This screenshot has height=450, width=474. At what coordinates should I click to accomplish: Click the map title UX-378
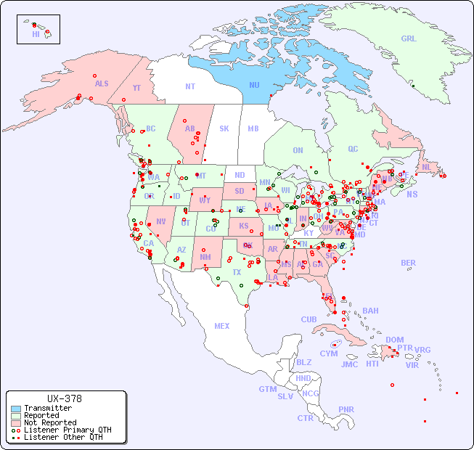(64, 398)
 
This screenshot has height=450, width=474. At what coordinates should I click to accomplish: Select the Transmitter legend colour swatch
(16, 409)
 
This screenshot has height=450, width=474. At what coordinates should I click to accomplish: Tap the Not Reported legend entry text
(49, 422)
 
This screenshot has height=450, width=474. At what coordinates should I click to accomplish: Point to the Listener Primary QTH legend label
(67, 430)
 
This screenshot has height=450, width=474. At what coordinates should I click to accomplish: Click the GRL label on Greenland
(409, 38)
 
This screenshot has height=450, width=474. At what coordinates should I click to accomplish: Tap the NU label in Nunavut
(254, 85)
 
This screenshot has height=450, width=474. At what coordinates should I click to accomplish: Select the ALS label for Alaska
(102, 83)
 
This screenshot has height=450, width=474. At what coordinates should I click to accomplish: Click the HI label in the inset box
(36, 34)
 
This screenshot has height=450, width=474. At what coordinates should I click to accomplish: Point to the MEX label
(222, 326)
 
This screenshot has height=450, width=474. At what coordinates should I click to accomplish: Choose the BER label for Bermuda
(409, 263)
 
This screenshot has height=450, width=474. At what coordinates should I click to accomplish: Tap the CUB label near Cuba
(309, 319)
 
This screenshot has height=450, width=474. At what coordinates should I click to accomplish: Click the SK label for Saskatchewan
(224, 128)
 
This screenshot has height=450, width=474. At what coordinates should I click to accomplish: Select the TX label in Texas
(237, 272)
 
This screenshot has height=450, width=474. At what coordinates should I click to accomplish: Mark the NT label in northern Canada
(190, 86)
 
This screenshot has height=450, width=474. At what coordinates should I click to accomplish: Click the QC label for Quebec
(353, 149)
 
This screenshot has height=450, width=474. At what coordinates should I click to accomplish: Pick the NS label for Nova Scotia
(412, 194)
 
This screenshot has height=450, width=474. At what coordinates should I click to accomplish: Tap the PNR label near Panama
(346, 409)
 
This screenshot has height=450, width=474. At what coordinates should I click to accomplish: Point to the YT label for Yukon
(136, 88)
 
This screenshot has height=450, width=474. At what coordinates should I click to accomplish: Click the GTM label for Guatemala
(268, 389)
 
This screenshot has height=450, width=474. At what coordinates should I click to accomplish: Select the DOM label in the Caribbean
(394, 340)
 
